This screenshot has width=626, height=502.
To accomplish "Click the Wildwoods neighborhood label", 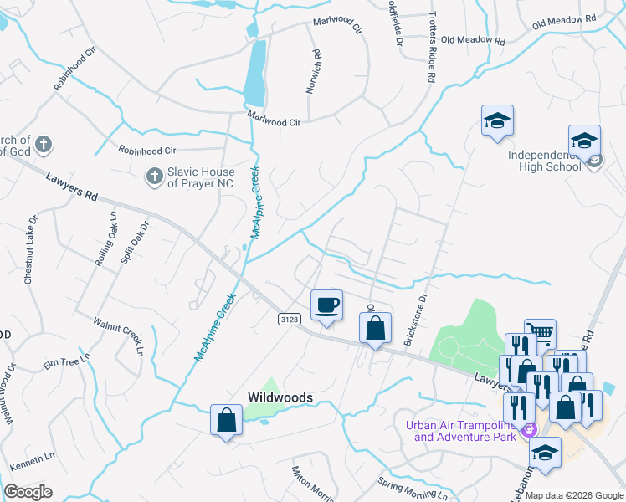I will click(280, 397).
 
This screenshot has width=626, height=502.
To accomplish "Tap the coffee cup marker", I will click(326, 305).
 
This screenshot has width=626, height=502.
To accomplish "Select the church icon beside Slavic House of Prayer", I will click(154, 177).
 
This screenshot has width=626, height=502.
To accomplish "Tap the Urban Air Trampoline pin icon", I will click(528, 431).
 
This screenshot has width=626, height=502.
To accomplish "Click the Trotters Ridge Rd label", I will click(432, 46).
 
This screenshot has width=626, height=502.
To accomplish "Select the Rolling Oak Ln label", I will click(105, 238).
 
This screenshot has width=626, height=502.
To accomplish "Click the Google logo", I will click(28, 492).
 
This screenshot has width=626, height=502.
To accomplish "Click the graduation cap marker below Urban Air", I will click(546, 453).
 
